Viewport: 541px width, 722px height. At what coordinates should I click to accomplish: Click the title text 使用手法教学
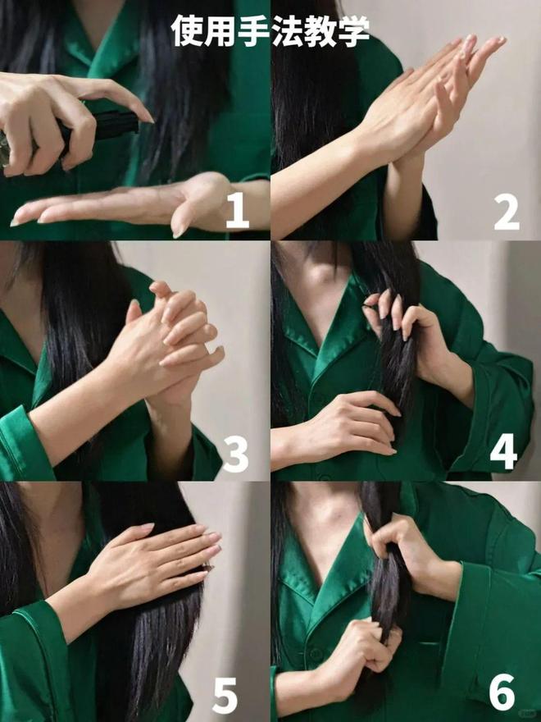(270, 30)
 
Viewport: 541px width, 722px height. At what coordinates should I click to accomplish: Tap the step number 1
(238, 210)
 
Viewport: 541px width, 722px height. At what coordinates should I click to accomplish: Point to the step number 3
(235, 454)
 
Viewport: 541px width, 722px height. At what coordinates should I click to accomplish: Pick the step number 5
(225, 694)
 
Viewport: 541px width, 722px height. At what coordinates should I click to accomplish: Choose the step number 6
(502, 692)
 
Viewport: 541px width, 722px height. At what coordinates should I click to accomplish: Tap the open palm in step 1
(125, 206)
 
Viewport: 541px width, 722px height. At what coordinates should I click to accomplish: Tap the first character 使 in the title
(187, 30)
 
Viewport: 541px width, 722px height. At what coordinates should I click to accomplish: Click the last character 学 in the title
(353, 30)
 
